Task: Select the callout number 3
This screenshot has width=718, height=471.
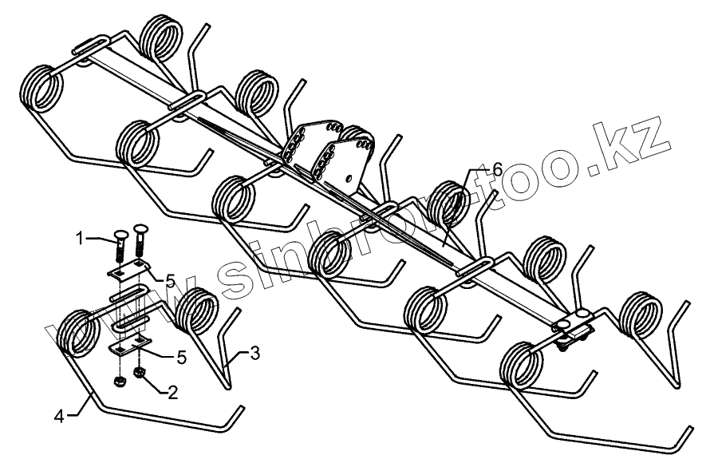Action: coord(254,352)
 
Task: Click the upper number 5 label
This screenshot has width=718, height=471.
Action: coord(171,279)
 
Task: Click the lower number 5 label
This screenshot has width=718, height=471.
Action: coord(181,358)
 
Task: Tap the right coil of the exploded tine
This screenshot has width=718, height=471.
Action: coord(196,313)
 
